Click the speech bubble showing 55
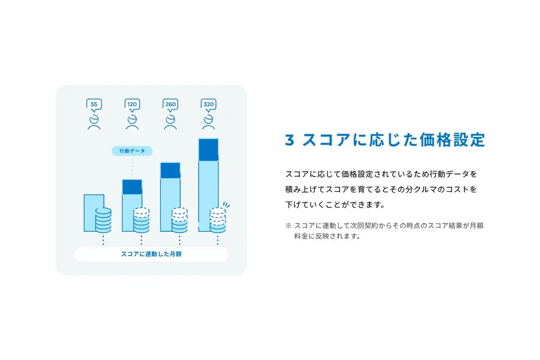[x=94, y=104]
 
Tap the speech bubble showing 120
[x=132, y=104]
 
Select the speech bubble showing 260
[x=170, y=104]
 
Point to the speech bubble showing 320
[x=209, y=104]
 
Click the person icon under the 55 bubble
[x=94, y=122]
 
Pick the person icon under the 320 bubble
[x=209, y=122]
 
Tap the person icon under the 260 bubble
[x=170, y=122]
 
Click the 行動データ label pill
[x=132, y=151]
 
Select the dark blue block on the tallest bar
[x=208, y=149]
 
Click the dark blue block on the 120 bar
[x=132, y=187]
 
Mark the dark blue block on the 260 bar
[x=170, y=170]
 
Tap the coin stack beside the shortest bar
[x=103, y=220]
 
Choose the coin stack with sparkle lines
[x=217, y=220]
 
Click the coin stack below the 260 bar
[x=179, y=220]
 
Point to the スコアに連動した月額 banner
[x=151, y=255]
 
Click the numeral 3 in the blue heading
[x=289, y=140]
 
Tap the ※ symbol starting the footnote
[x=288, y=226]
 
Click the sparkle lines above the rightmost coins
[x=226, y=205]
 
